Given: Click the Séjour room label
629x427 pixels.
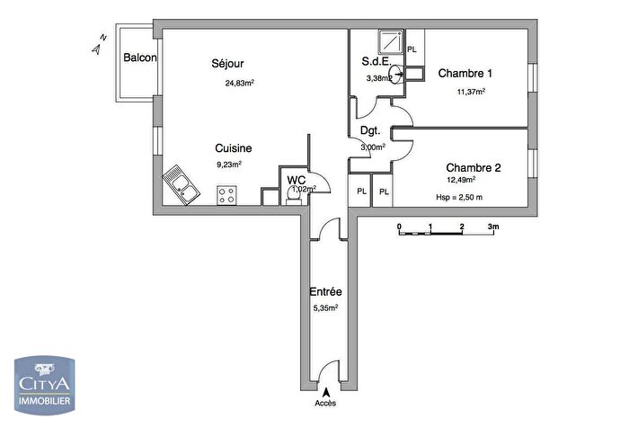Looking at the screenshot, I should pyautogui.click(x=228, y=64).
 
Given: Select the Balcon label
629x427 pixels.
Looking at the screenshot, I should pyautogui.click(x=141, y=58).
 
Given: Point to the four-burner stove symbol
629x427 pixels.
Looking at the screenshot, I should pyautogui.click(x=227, y=195).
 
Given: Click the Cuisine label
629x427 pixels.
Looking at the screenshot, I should pyautogui.click(x=233, y=148).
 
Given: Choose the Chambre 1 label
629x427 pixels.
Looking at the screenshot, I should pyautogui.click(x=465, y=74).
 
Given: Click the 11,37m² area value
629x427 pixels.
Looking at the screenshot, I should pyautogui.click(x=471, y=92).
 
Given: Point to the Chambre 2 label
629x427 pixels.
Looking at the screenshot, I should pyautogui.click(x=474, y=167).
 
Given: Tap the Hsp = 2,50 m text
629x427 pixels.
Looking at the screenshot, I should pyautogui.click(x=459, y=198).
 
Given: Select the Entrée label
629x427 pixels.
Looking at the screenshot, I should pyautogui.click(x=325, y=292).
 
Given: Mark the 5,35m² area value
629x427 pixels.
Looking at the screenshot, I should pyautogui.click(x=324, y=308).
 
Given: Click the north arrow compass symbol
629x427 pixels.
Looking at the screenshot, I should pyautogui.click(x=100, y=44).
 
